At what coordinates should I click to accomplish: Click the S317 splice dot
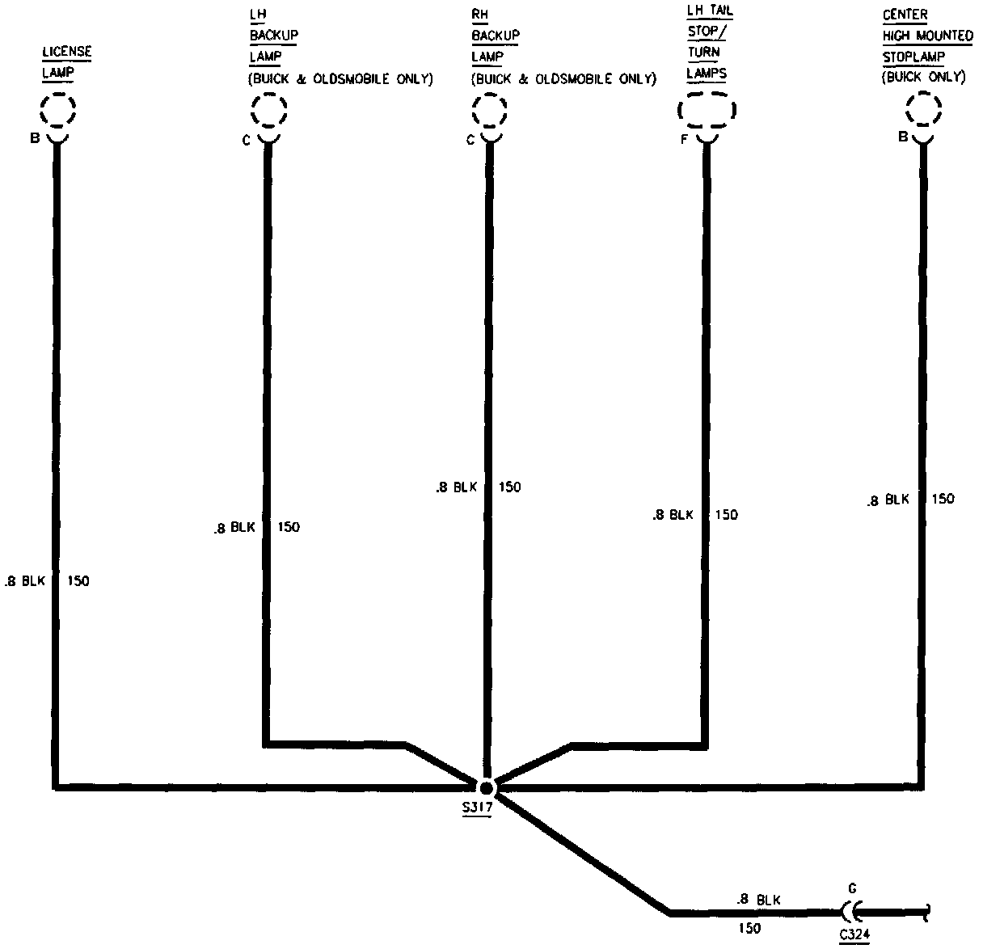point(486,788)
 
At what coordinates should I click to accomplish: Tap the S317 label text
point(476,808)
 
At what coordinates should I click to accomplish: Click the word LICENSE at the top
point(66,53)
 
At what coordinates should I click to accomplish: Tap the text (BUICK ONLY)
point(923,78)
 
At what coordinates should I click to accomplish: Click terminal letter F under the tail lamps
point(684,139)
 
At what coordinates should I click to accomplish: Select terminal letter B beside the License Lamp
point(34,138)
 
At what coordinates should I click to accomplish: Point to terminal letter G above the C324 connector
point(852,887)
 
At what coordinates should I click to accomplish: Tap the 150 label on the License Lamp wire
point(78,580)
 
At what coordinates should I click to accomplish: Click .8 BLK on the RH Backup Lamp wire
point(457,487)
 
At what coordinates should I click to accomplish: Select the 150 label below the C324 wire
point(749,928)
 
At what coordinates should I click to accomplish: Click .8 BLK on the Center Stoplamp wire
point(888,500)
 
